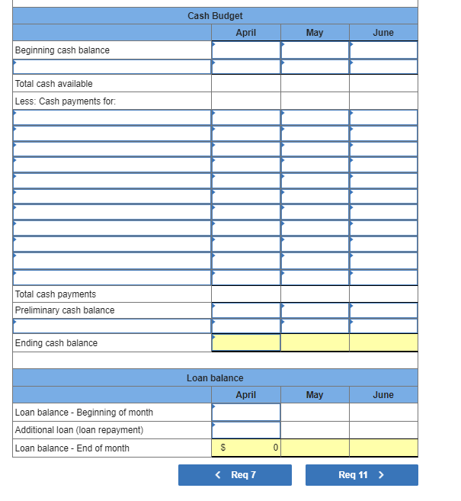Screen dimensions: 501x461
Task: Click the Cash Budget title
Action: (x=215, y=16)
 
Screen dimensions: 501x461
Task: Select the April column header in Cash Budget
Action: (x=245, y=33)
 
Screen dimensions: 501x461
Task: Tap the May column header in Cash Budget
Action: (x=314, y=33)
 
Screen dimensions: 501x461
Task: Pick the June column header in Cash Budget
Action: (x=383, y=33)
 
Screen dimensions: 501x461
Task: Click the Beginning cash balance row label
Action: (x=62, y=50)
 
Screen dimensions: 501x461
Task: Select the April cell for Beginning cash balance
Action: (x=246, y=50)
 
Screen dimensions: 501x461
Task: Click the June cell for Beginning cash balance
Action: (x=383, y=50)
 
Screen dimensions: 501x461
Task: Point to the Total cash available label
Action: (x=54, y=84)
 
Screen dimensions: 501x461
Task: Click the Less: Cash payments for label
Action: (x=66, y=101)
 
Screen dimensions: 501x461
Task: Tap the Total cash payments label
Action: (x=56, y=294)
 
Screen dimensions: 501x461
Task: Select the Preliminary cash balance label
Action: (x=65, y=310)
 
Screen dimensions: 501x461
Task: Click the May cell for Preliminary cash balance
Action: (x=315, y=310)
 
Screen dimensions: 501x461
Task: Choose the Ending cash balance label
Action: (x=56, y=343)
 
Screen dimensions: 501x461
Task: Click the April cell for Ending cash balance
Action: (x=246, y=343)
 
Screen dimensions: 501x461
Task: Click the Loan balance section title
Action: (x=215, y=378)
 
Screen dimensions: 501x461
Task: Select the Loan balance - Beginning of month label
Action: (x=84, y=413)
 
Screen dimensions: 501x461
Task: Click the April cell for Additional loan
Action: (x=246, y=430)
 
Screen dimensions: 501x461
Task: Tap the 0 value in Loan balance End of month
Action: (x=274, y=448)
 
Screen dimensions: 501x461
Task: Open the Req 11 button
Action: (x=361, y=475)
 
